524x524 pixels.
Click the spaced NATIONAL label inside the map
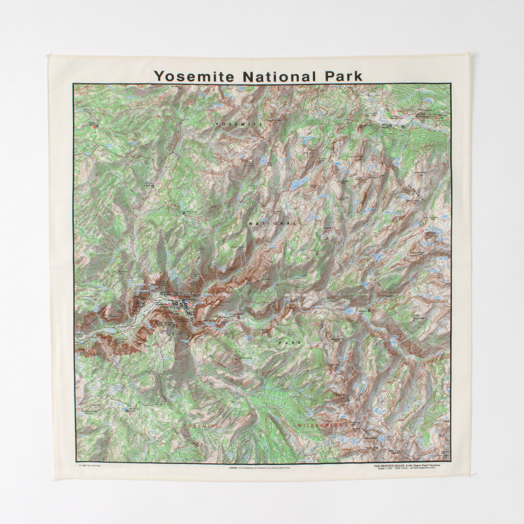coord(273,224)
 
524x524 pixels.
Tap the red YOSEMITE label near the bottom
coord(200,425)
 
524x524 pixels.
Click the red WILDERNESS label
coord(320,425)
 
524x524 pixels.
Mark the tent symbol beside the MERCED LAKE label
coord(370,311)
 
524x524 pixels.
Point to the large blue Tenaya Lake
coord(299,183)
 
